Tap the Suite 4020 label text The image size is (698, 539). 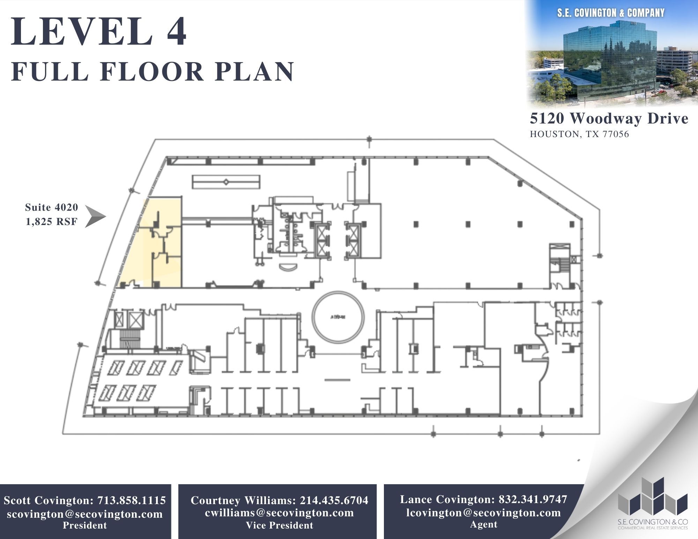(52, 208)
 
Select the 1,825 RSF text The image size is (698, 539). (52, 222)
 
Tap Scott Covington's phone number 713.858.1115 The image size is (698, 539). (132, 500)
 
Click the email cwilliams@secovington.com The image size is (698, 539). (279, 512)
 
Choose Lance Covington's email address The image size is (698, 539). (483, 512)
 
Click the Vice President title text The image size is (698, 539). (279, 525)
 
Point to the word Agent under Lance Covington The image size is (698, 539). (483, 524)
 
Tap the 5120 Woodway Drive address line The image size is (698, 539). (609, 119)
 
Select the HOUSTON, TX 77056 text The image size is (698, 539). (579, 134)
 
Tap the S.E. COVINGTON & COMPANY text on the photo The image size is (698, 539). (611, 13)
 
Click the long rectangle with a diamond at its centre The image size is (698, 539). (226, 182)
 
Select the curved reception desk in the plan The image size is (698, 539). (289, 267)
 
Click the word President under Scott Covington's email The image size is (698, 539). (85, 525)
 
